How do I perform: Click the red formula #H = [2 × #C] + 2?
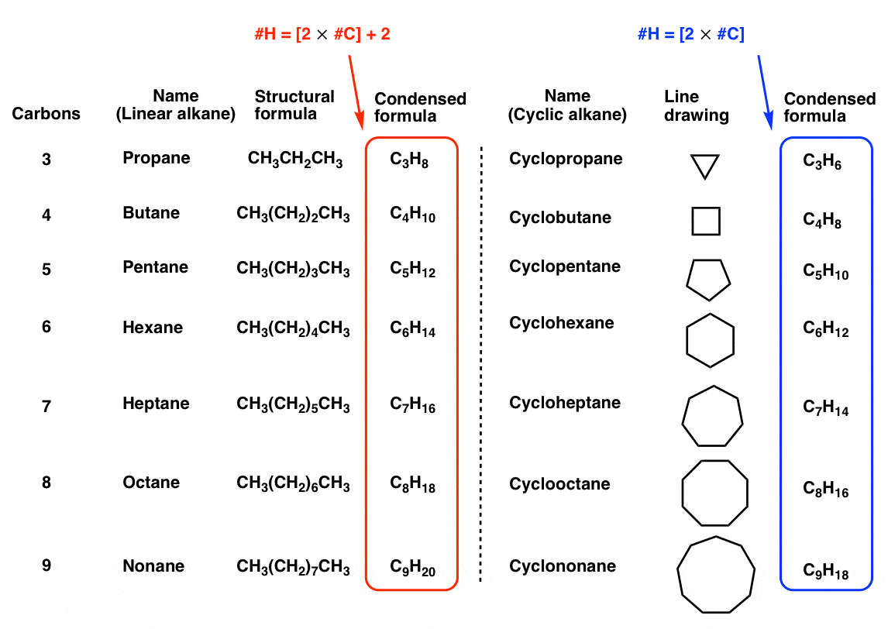click(x=322, y=35)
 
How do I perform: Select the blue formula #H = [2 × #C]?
click(x=690, y=34)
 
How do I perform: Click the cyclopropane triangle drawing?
click(x=704, y=165)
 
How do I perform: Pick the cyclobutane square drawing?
click(x=706, y=221)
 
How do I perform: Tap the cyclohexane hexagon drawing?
click(x=710, y=340)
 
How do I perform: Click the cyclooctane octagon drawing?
click(x=714, y=493)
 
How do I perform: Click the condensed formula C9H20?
click(x=412, y=569)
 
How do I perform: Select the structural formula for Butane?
click(x=293, y=215)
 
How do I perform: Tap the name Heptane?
click(x=156, y=404)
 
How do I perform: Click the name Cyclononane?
click(x=563, y=566)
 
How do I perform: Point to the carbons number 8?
click(x=46, y=483)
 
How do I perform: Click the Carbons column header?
click(x=46, y=114)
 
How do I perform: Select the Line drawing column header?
click(x=697, y=106)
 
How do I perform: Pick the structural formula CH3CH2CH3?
click(x=295, y=160)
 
